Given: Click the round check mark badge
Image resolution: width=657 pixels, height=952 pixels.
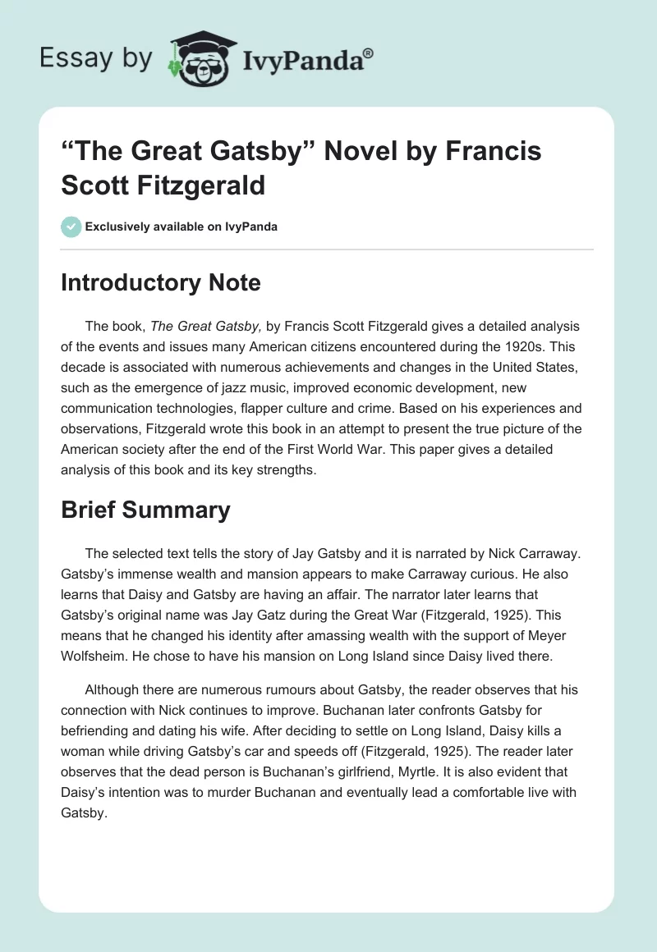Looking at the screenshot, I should pyautogui.click(x=71, y=227).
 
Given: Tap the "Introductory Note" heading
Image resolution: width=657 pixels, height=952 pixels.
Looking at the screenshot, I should pyautogui.click(x=161, y=283).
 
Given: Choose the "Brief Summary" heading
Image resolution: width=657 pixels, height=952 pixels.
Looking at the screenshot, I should pyautogui.click(x=145, y=510).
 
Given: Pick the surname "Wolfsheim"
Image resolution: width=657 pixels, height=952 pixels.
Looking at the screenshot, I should pyautogui.click(x=100, y=656).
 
